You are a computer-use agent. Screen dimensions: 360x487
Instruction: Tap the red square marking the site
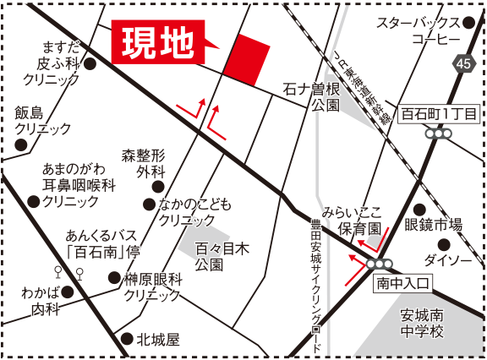click(x=248, y=60)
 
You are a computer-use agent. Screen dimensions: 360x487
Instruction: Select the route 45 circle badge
click(x=462, y=63)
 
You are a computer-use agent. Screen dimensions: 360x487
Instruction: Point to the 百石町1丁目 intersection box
click(x=440, y=112)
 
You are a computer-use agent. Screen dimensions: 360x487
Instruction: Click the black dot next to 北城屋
click(x=127, y=340)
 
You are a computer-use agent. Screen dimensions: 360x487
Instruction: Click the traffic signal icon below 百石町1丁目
click(x=440, y=133)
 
